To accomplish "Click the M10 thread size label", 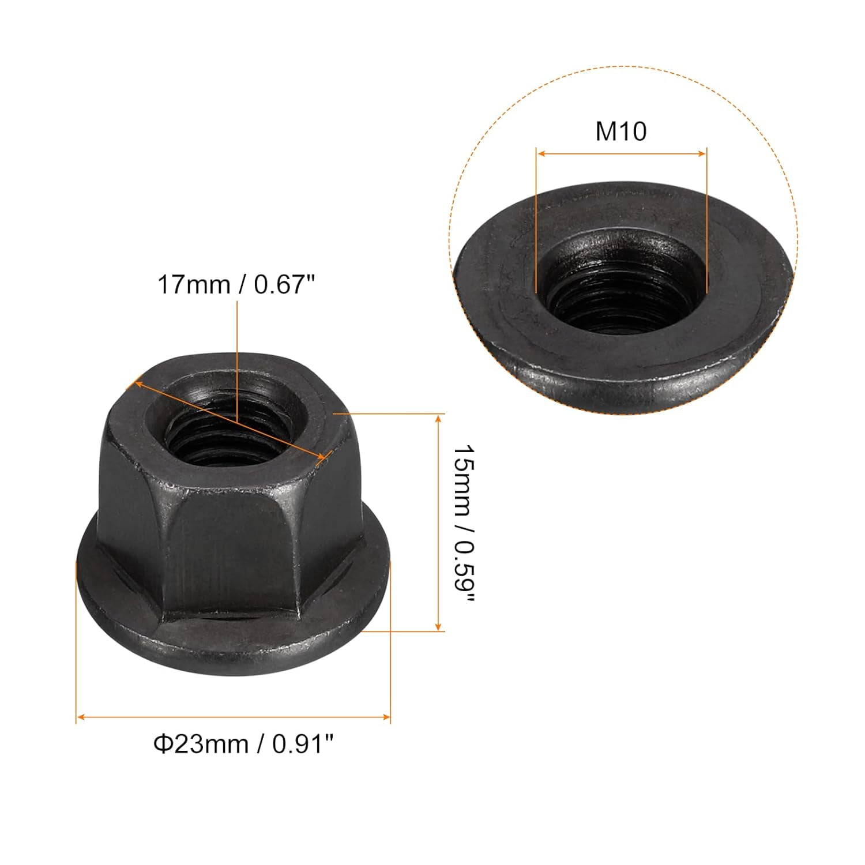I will tap(621, 131).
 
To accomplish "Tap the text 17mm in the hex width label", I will tap(194, 285).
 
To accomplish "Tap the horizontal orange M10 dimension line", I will tap(621, 153).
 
